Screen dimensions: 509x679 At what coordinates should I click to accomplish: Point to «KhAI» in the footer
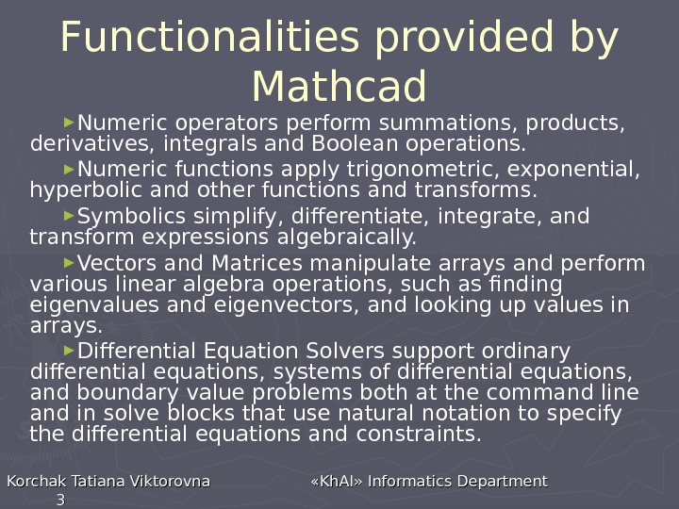coord(337,482)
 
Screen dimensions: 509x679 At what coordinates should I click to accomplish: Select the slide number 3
coord(60,500)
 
